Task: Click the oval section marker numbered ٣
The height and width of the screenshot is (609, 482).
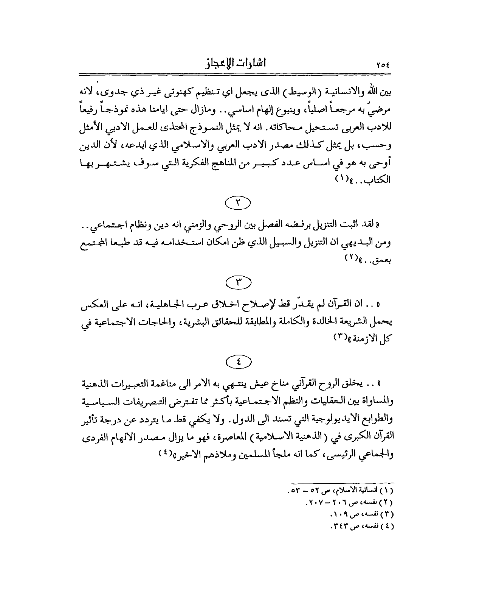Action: click(238, 283)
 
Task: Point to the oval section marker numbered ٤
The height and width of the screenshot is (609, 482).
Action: click(238, 362)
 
